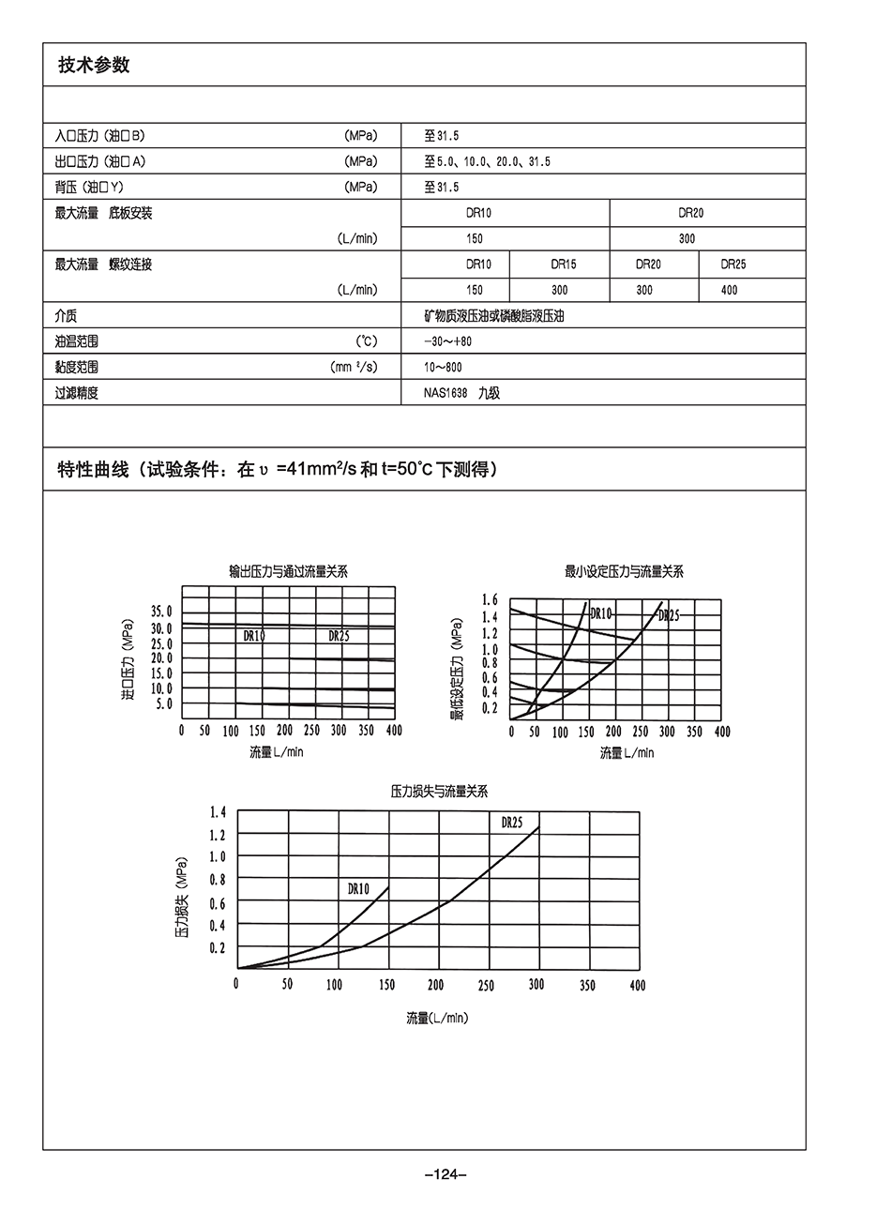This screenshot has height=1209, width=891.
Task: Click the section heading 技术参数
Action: (94, 66)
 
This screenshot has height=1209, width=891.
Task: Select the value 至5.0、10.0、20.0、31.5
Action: (487, 161)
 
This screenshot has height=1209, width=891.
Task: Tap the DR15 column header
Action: (564, 264)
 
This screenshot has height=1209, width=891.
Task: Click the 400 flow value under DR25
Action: (729, 290)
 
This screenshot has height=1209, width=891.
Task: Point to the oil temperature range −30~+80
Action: (447, 341)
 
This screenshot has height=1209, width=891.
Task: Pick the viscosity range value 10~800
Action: (443, 367)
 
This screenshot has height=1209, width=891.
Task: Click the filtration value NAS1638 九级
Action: (461, 393)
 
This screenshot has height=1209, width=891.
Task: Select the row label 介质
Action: (67, 316)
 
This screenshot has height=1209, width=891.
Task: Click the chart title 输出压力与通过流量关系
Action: (288, 571)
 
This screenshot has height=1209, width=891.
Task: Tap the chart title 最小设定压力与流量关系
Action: (624, 571)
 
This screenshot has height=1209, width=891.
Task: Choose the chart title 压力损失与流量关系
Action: (439, 792)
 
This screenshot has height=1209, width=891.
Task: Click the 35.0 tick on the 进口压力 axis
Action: (162, 612)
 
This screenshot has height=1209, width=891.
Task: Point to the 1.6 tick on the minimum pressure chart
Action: (490, 599)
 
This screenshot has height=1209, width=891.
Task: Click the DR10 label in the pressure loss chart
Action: (358, 887)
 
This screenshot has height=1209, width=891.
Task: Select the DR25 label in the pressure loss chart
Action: (511, 823)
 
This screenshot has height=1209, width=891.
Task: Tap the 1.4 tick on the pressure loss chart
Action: (218, 811)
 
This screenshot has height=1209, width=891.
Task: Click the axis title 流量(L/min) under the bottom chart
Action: (436, 1018)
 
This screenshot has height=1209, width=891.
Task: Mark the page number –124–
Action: (445, 1174)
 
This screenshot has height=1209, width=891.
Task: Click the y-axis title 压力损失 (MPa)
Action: (181, 896)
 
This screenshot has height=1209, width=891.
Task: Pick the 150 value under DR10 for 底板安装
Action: (475, 238)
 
